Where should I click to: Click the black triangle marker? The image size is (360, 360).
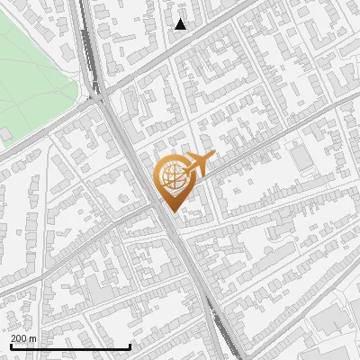181,24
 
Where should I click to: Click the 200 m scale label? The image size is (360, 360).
23,337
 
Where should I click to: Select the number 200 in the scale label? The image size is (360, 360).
19,337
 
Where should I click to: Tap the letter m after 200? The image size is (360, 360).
32,337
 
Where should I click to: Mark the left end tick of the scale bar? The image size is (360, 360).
10,346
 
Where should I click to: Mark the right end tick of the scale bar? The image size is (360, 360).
130,346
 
